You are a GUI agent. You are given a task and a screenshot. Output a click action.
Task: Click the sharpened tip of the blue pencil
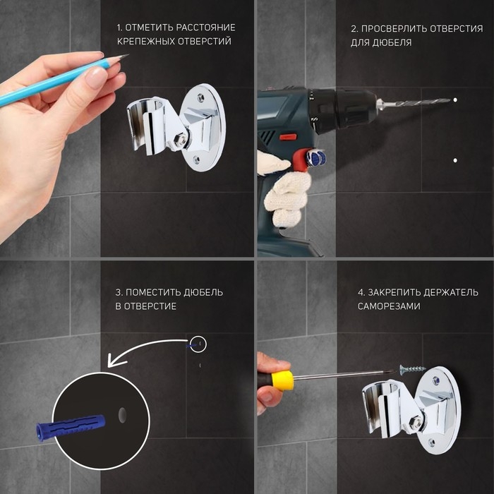pyautogui.click(x=128, y=55)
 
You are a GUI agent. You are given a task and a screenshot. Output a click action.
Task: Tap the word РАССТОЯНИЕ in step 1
pyautogui.click(x=205, y=28)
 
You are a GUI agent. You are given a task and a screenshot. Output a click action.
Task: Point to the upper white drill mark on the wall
pyautogui.click(x=455, y=100)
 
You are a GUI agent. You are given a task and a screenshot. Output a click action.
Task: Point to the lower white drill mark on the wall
pyautogui.click(x=455, y=160)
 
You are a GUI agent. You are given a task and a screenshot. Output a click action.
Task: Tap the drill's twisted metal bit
pyautogui.click(x=419, y=102)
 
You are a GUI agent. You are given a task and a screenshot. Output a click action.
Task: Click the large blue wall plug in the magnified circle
pyautogui.click(x=71, y=426)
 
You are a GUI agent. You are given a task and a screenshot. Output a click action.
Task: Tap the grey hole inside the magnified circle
pyautogui.click(x=122, y=415)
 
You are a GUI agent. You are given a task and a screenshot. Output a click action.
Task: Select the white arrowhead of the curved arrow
pyautogui.click(x=115, y=360)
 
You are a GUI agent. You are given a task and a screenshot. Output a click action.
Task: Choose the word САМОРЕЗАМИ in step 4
pyautogui.click(x=389, y=306)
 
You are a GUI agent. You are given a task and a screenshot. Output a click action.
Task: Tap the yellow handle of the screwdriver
pyautogui.click(x=282, y=380)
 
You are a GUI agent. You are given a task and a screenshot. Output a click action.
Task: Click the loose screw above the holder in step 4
pyautogui.click(x=412, y=369)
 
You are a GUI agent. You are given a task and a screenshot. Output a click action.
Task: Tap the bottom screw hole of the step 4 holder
pyautogui.click(x=432, y=443)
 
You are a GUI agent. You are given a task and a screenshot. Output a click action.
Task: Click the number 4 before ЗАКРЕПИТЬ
pyautogui.click(x=361, y=293)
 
